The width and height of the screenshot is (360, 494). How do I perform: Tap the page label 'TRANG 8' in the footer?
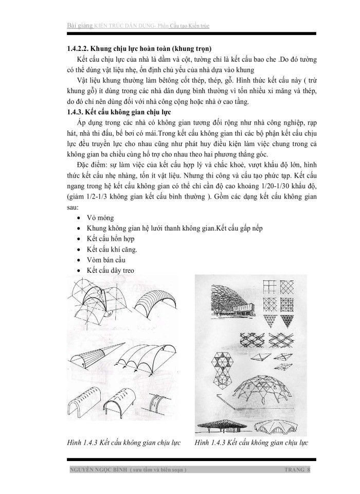297,470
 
